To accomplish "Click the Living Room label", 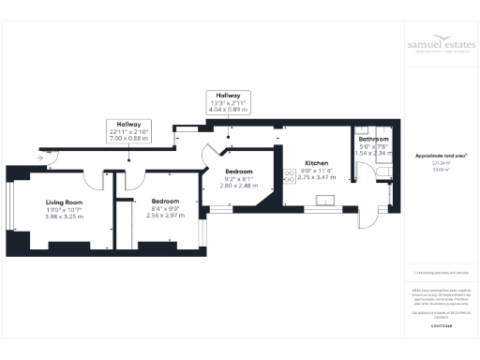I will [64, 202].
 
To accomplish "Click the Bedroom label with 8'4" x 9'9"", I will [142, 201].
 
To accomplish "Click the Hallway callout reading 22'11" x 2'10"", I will [129, 124].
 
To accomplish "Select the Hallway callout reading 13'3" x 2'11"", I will [229, 95].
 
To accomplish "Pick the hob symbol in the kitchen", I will [290, 175].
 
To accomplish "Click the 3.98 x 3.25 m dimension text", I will [64, 217].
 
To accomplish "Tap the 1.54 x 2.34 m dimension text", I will [376, 154].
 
